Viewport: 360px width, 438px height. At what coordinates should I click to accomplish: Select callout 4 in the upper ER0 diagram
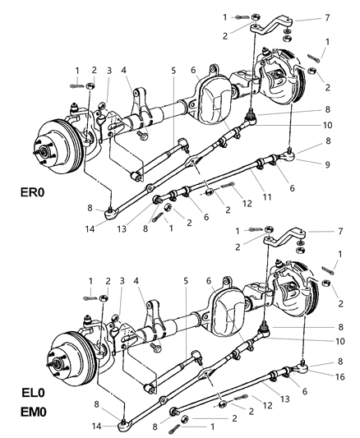pos(126,70)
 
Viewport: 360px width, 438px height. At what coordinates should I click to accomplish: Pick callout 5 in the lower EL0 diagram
pos(185,281)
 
